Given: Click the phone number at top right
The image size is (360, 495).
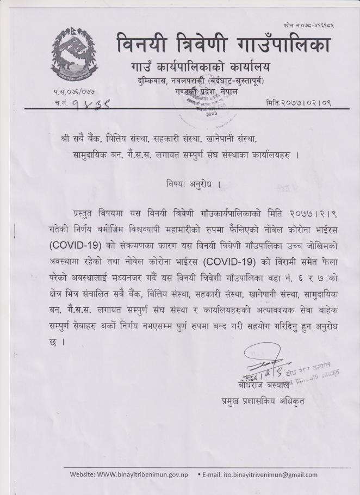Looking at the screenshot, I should (307, 26).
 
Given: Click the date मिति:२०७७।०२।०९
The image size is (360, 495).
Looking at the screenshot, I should (299, 102).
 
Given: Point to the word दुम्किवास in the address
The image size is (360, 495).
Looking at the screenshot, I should (148, 81).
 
